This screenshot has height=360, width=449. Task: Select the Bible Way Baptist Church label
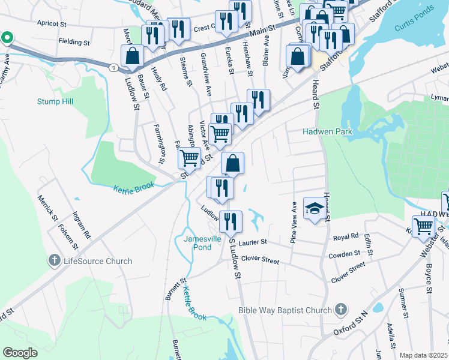coord(285,310)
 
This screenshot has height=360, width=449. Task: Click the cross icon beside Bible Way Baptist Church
coord(340,310)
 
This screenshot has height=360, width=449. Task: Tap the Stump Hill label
coord(55,101)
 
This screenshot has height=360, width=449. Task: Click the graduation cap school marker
coord(314,209)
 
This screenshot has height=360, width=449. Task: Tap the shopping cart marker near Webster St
coord(424,226)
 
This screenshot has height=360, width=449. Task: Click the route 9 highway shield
coord(113,67)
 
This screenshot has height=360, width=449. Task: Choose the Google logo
coord(20,353)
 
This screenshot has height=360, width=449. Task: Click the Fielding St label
coord(74,43)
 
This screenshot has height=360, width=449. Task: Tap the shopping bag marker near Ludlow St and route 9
coord(132,56)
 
